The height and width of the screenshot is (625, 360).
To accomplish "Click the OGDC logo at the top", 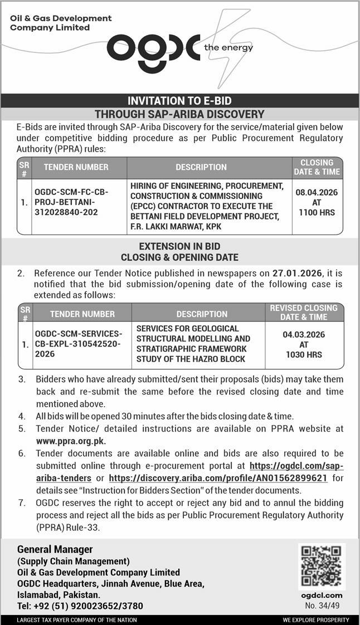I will pyautogui.click(x=153, y=48).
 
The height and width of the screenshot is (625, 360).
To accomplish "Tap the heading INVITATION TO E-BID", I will pyautogui.click(x=179, y=101).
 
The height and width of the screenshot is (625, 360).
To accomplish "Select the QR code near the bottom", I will pyautogui.click(x=322, y=566).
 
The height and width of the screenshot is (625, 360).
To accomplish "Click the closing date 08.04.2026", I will pyautogui.click(x=317, y=192).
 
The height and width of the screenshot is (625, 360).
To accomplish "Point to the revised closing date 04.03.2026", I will pyautogui.click(x=304, y=334).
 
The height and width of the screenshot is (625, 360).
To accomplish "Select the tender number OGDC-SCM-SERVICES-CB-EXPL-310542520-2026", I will pyautogui.click(x=79, y=344).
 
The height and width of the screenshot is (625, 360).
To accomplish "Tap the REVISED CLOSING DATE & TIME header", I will pyautogui.click(x=304, y=312).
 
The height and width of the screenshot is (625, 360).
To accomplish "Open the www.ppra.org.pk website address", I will pyautogui.click(x=71, y=441).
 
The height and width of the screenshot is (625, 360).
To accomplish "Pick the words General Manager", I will pyautogui.click(x=55, y=550).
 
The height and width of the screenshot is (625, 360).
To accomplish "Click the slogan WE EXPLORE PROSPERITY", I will pyautogui.click(x=315, y=620).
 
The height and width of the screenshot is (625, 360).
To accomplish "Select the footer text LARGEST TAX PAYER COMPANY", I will pyautogui.click(x=77, y=620).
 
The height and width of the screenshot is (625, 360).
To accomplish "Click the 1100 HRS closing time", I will pyautogui.click(x=317, y=212).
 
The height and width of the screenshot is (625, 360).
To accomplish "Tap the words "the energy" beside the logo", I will pyautogui.click(x=228, y=48).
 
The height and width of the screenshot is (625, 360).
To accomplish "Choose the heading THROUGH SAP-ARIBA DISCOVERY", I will pyautogui.click(x=179, y=114).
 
